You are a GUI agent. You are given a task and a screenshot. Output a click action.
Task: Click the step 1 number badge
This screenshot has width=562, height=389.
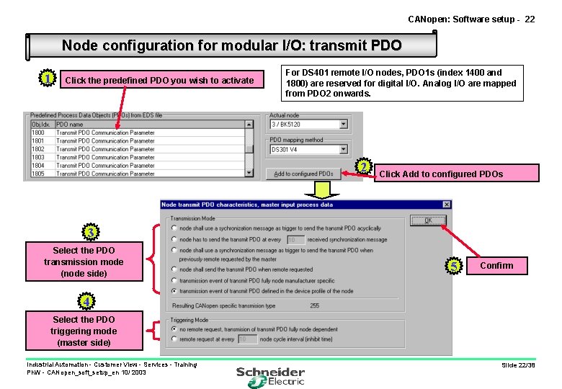[x=47, y=78]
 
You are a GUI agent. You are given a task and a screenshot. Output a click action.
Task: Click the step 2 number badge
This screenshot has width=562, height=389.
[x=365, y=168]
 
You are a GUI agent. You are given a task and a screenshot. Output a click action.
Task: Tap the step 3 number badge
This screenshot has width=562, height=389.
[x=90, y=233]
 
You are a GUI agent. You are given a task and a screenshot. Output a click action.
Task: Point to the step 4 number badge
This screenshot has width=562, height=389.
[x=86, y=300]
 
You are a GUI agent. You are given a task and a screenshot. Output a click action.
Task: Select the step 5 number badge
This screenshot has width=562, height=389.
[x=454, y=267]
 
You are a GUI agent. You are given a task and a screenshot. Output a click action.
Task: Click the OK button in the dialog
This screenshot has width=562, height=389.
[x=427, y=220]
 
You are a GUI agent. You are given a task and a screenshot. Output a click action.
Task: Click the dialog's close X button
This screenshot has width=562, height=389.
[x=447, y=205]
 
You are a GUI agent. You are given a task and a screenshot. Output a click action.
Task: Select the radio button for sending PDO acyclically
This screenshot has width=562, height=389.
[x=174, y=228]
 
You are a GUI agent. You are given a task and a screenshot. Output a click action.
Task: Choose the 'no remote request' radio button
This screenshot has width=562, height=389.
[x=174, y=328]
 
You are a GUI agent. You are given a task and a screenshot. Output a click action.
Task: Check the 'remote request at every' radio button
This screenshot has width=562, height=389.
[x=174, y=339]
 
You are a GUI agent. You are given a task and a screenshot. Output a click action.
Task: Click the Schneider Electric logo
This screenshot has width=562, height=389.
[x=271, y=375]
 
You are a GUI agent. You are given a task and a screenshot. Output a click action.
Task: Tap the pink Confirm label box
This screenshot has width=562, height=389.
[x=497, y=266]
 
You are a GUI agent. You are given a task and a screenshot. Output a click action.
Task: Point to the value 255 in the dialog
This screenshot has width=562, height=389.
[x=315, y=305]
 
